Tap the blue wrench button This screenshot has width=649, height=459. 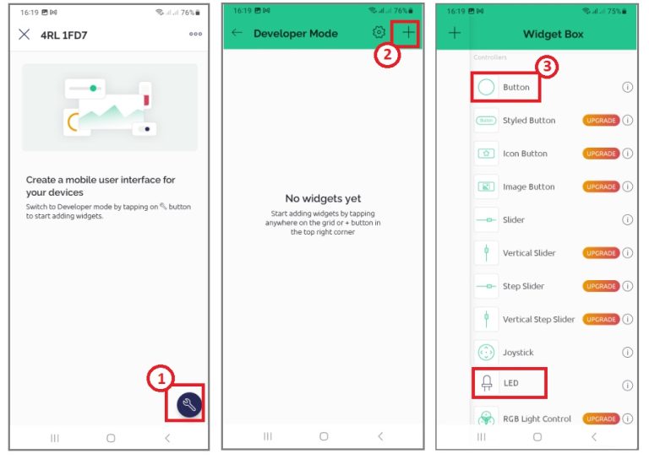pyautogui.click(x=189, y=404)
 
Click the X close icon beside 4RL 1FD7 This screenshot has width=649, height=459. pyautogui.click(x=25, y=35)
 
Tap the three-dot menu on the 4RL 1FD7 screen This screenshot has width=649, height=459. pyautogui.click(x=195, y=34)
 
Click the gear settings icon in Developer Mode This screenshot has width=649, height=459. pyautogui.click(x=379, y=32)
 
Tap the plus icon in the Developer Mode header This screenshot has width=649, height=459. pyautogui.click(x=408, y=32)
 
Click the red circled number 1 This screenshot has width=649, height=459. pyautogui.click(x=161, y=378)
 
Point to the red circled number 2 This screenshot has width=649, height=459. pyautogui.click(x=387, y=55)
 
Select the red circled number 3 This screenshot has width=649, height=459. pyautogui.click(x=547, y=67)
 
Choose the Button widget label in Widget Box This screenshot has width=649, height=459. pyautogui.click(x=516, y=87)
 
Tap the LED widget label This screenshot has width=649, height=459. pyautogui.click(x=510, y=383)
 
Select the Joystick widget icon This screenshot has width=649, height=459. pyautogui.click(x=486, y=353)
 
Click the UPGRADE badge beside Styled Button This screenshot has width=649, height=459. pyautogui.click(x=601, y=120)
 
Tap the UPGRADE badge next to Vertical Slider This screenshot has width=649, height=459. pyautogui.click(x=601, y=253)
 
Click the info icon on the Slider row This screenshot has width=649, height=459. pyautogui.click(x=628, y=219)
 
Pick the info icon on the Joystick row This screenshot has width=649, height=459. pyautogui.click(x=628, y=353)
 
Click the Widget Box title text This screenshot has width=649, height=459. pyautogui.click(x=553, y=34)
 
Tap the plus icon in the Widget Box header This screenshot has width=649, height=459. pyautogui.click(x=455, y=33)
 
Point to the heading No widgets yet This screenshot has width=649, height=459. pyautogui.click(x=323, y=199)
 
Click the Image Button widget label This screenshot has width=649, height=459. pyautogui.click(x=528, y=186)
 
